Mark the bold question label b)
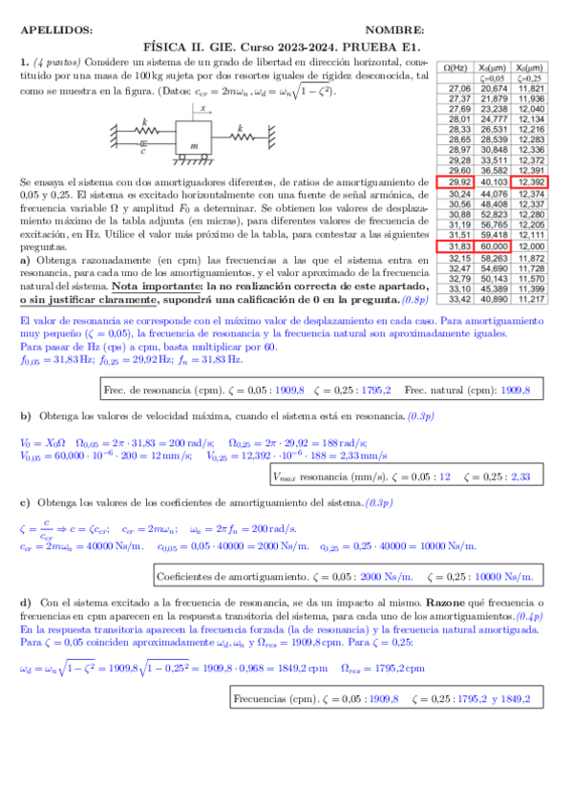(26, 417)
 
